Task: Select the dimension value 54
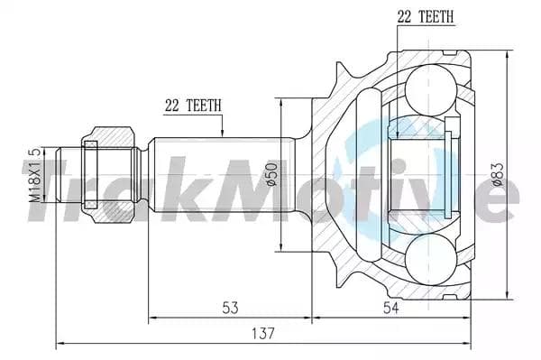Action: pyautogui.click(x=390, y=308)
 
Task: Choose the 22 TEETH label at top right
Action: pyautogui.click(x=425, y=16)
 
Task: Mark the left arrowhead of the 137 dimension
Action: pyautogui.click(x=60, y=344)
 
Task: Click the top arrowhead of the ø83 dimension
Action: pyautogui.click(x=510, y=52)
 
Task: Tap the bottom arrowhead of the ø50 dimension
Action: pyautogui.click(x=283, y=250)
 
